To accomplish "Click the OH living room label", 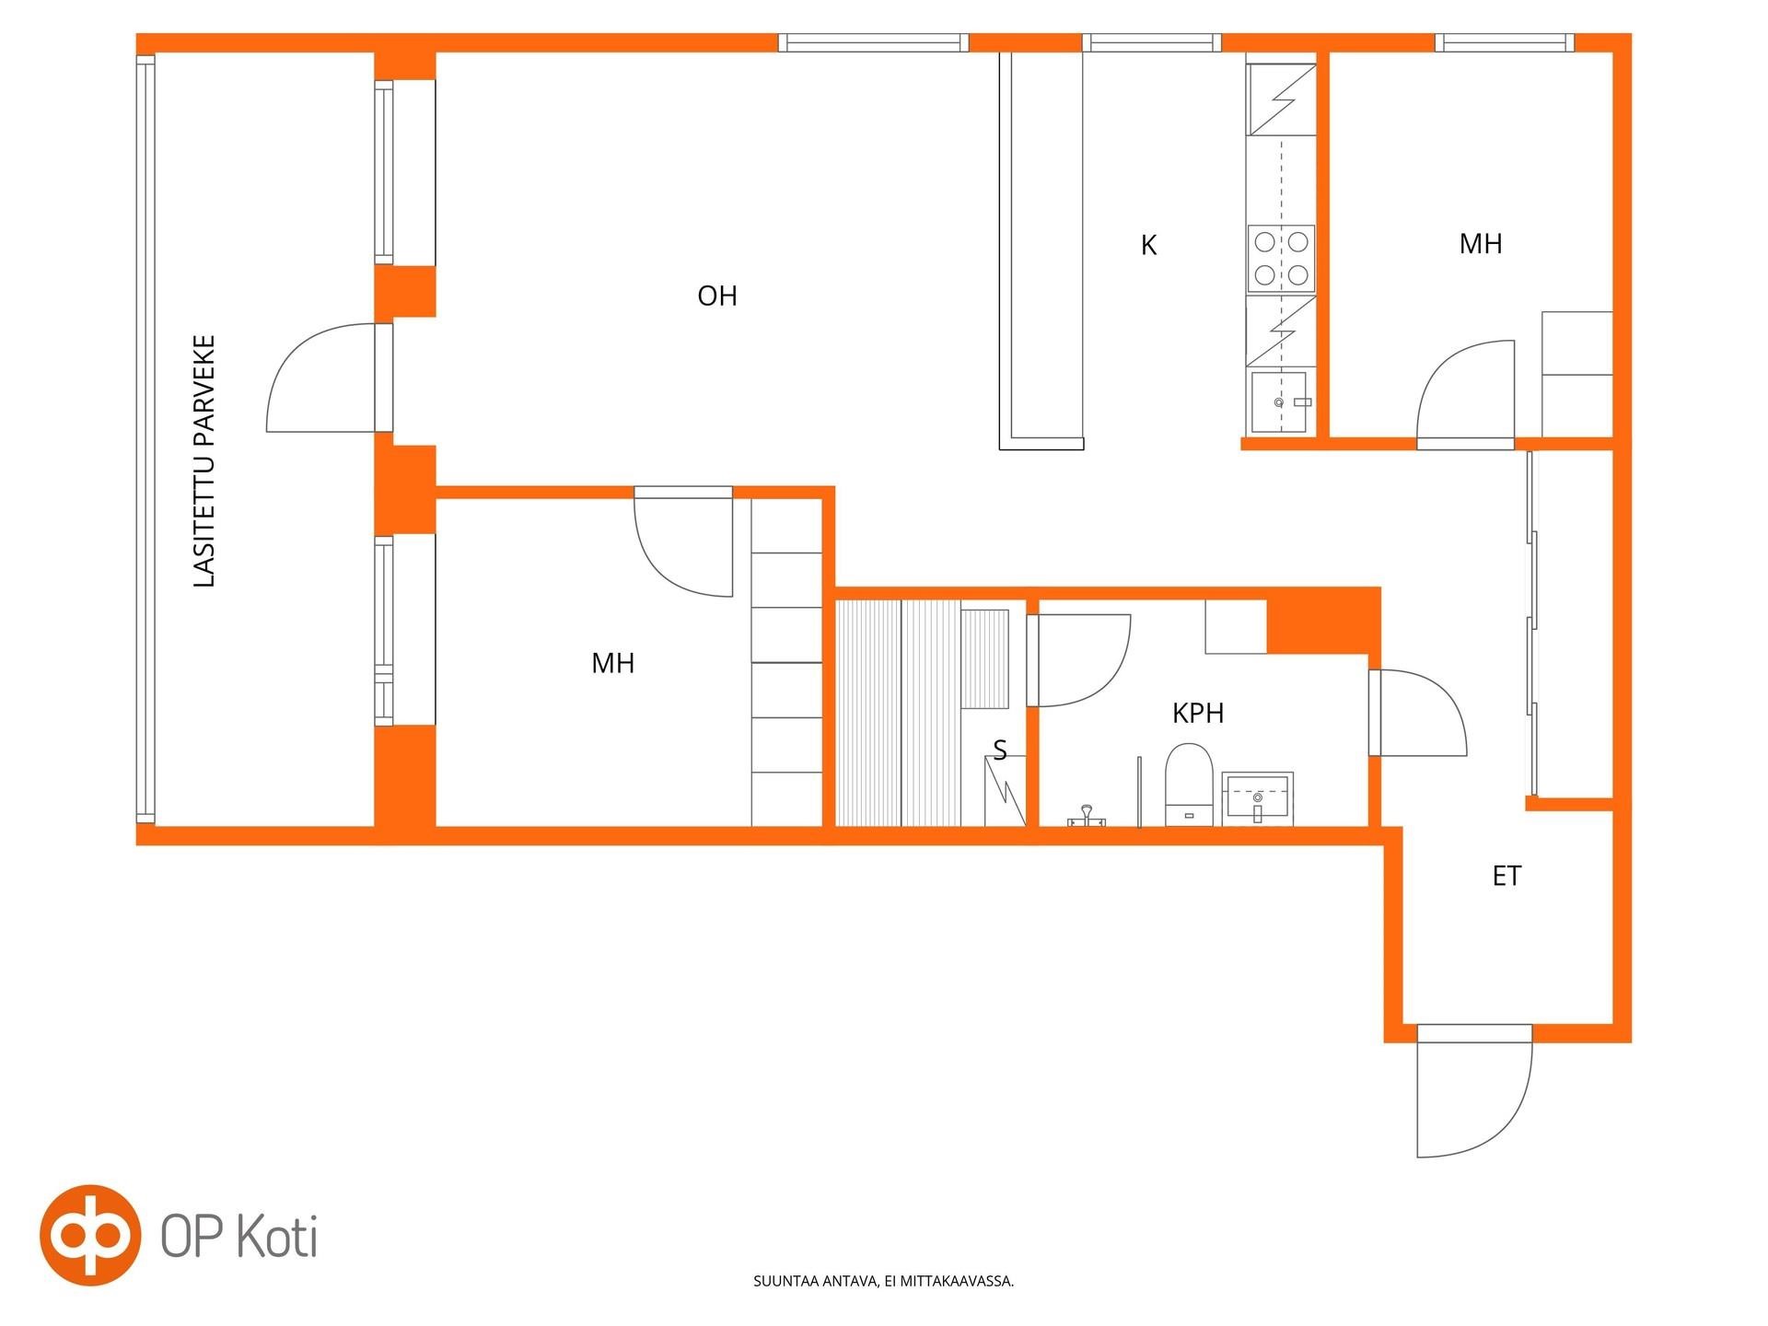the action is tap(717, 296).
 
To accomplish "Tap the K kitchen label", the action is tap(1148, 245).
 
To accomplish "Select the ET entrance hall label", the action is tap(1506, 876).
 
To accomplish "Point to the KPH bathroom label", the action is tap(1198, 713).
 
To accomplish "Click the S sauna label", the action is tap(1000, 751).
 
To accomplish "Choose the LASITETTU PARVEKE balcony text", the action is tap(204, 460).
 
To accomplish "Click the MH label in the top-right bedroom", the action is tap(1481, 243).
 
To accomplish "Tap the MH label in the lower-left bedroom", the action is tap(613, 663).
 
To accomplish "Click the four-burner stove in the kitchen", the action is tap(1281, 259).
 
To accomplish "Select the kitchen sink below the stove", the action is tap(1281, 401).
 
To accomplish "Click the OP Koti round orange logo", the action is tap(90, 1235).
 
